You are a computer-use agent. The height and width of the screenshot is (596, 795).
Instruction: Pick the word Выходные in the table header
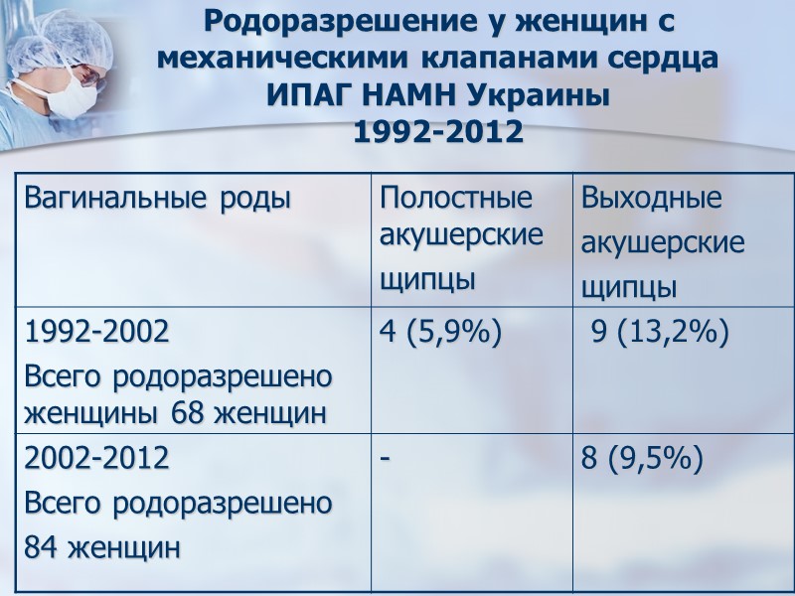651,199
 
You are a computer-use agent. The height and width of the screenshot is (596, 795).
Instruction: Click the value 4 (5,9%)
438,333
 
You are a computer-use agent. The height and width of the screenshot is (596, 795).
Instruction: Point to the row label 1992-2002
95,333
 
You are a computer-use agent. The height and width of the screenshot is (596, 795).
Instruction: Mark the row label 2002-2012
95,460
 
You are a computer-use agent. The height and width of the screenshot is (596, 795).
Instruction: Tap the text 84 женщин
101,546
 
